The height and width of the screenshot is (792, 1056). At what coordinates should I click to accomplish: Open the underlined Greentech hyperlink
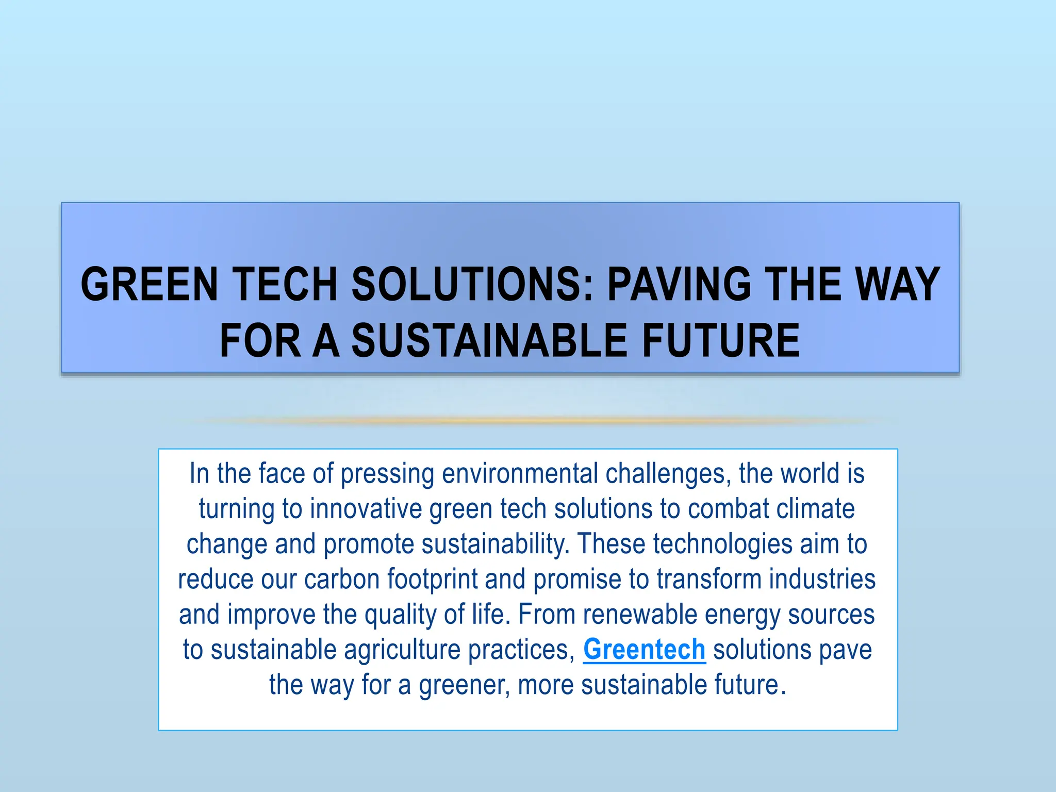pos(644,649)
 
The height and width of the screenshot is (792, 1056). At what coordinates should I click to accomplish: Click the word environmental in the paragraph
pos(520,473)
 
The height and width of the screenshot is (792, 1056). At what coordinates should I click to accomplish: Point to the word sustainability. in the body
pos(496,544)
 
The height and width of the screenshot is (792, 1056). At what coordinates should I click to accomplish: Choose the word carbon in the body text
pos(342,579)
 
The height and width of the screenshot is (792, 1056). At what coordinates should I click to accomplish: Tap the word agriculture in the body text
pos(402,649)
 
